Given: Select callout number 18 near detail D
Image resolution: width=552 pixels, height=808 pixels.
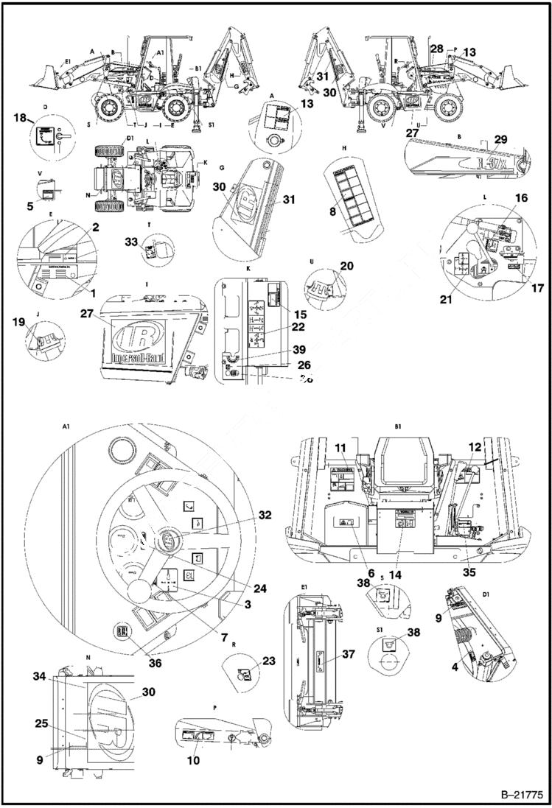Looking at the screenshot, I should [19, 118].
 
